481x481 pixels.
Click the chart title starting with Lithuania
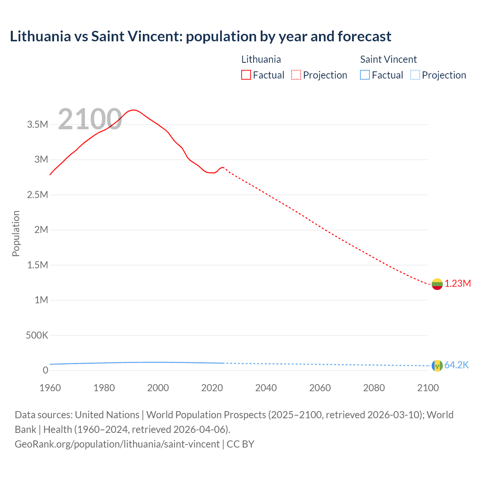200,36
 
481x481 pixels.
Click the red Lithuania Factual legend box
246,75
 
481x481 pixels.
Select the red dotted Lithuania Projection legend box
296,75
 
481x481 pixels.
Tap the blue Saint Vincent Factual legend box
365,75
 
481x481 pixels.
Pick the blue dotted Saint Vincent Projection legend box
415,75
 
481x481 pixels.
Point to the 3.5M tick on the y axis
38,124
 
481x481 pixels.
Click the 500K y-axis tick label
37,335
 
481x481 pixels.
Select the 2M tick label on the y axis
41,230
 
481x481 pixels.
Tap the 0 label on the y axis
45,370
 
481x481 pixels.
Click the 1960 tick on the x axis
50,388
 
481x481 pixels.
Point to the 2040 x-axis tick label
266,388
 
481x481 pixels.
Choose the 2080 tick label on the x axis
374,388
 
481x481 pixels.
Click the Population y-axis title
16,233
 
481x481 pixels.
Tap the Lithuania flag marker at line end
437,284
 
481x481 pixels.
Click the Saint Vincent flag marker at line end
437,366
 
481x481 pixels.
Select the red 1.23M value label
458,284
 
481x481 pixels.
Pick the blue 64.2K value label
457,365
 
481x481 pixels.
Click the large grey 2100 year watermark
90,119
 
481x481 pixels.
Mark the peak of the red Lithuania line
134,110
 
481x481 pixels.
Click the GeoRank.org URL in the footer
117,444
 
